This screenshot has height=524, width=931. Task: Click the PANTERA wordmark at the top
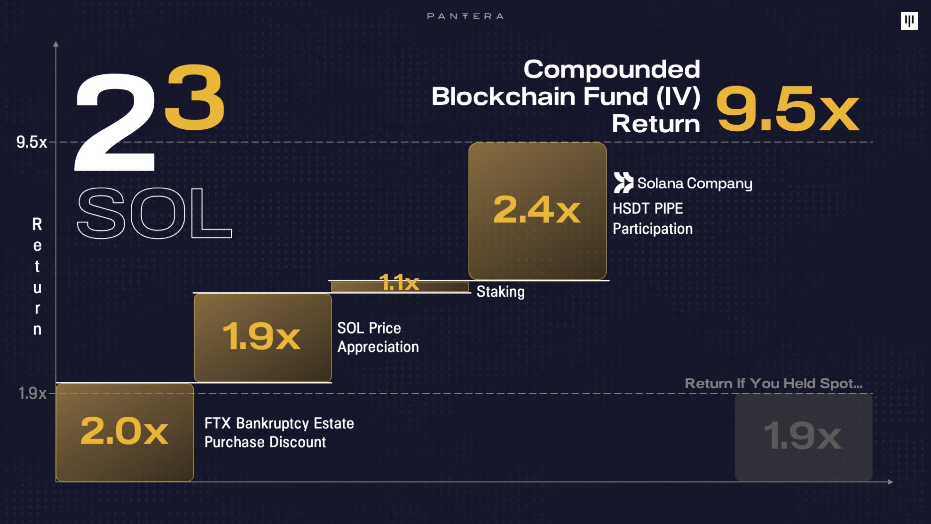point(465,16)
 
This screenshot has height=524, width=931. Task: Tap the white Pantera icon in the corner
point(909,21)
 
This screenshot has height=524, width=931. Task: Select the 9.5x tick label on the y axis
point(32,142)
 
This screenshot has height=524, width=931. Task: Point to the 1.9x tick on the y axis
point(32,393)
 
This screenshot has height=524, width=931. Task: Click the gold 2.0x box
point(125,432)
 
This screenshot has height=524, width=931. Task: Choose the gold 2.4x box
point(537,211)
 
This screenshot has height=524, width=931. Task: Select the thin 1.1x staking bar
point(400,286)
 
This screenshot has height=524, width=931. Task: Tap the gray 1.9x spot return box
point(803,437)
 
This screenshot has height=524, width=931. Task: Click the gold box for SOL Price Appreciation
point(262,337)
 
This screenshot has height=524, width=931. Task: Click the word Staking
point(500,292)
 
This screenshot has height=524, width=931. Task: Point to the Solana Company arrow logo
point(623,183)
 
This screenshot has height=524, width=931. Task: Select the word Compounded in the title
point(611,70)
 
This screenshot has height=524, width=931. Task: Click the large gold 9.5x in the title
point(788,109)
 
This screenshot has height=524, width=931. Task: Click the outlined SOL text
point(154,213)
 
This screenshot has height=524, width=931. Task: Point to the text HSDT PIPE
point(647,208)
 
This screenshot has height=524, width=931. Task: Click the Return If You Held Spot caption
point(773,383)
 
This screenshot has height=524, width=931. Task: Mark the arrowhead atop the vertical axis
point(56,44)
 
